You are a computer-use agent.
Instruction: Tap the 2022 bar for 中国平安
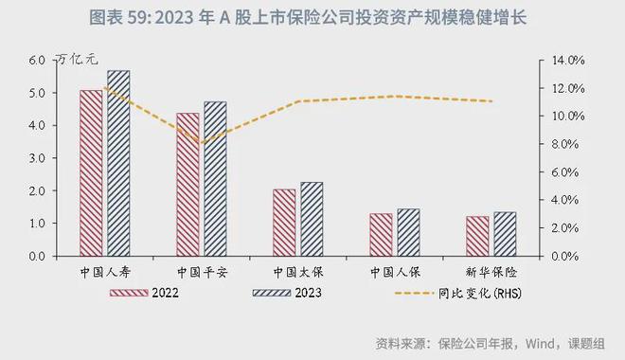point(187,185)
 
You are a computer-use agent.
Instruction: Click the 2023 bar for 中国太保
point(312,219)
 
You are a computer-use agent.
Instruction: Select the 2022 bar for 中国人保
point(381,234)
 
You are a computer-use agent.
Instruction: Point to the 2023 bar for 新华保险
point(505,233)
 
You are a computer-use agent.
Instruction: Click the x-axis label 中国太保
point(298,270)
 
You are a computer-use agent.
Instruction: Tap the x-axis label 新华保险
point(491,270)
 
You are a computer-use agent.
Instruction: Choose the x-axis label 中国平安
point(202,270)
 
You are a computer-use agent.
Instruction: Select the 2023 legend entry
point(286,292)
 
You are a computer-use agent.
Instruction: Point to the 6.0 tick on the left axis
point(37,60)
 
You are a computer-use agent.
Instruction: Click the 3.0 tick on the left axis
point(37,158)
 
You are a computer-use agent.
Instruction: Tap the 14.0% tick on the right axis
point(568,60)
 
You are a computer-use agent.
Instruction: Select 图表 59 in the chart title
point(112,18)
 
